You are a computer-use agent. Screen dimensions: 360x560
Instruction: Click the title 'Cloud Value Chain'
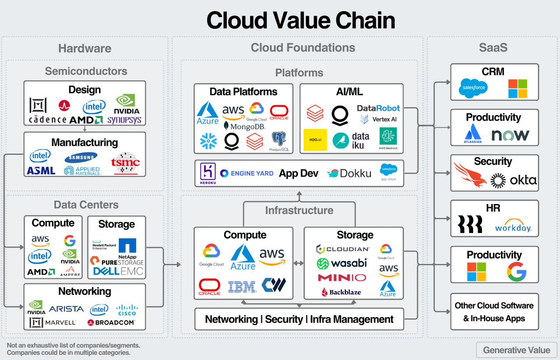301,21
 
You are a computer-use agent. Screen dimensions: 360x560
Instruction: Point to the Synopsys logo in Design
124,120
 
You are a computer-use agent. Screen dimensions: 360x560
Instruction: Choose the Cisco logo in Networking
126,310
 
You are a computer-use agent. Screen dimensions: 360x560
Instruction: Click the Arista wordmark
66,309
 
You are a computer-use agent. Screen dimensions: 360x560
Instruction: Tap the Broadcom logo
111,322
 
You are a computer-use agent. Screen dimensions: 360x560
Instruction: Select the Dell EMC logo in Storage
119,271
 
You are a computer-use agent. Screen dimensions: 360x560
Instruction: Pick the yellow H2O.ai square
315,140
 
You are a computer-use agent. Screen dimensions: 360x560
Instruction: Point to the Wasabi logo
342,263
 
